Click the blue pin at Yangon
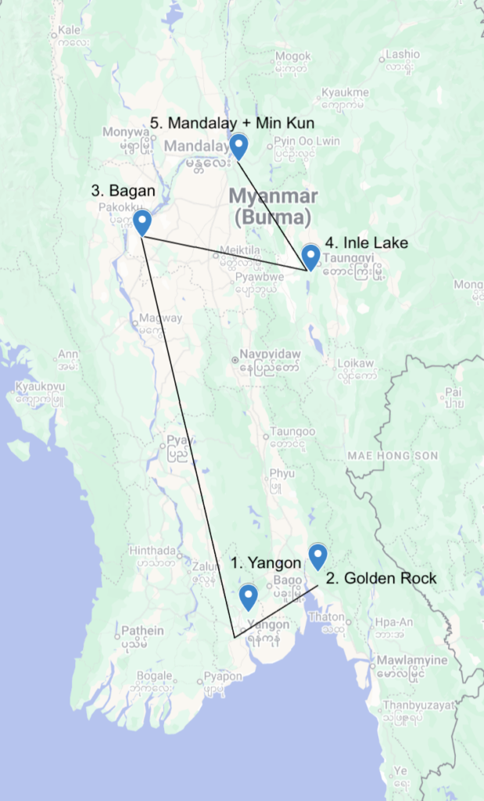pyautogui.click(x=249, y=596)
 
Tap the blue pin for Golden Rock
pyautogui.click(x=317, y=555)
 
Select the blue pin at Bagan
pyautogui.click(x=142, y=221)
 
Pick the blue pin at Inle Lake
pyautogui.click(x=310, y=255)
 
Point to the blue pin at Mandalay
pyautogui.click(x=238, y=144)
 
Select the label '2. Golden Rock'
pyautogui.click(x=381, y=579)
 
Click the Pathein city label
pyautogui.click(x=142, y=630)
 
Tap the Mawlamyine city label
pyautogui.click(x=411, y=660)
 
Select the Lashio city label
pyautogui.click(x=403, y=55)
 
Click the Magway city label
pyautogui.click(x=160, y=318)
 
